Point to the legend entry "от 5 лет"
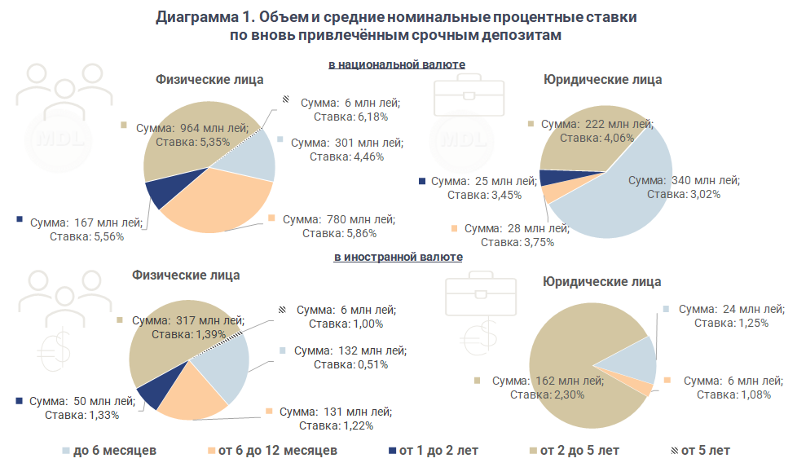705,450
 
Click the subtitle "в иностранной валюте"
398,257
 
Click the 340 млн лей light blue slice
619,204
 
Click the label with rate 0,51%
351,357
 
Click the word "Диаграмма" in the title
195,17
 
